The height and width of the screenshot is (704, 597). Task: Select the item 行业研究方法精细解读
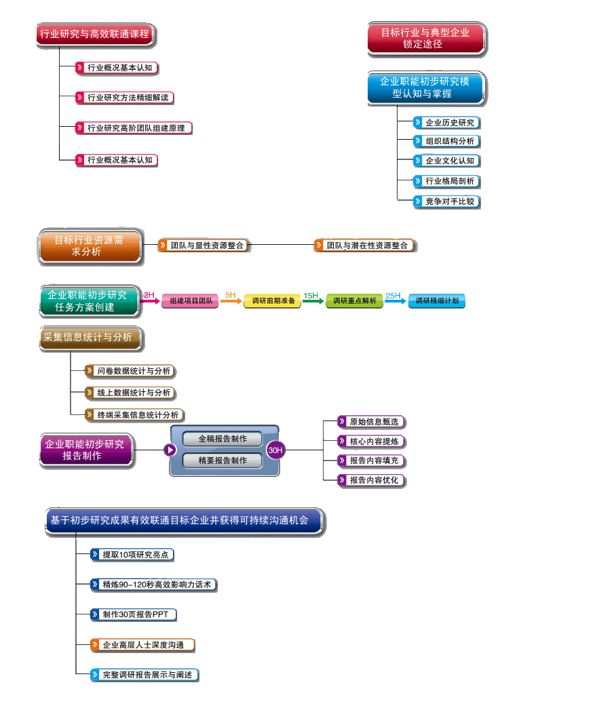[x=126, y=98]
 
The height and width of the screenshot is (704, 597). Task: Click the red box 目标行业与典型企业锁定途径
[x=426, y=39]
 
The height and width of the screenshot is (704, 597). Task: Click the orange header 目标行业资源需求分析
[x=90, y=246]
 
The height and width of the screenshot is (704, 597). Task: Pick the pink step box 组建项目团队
[x=190, y=300]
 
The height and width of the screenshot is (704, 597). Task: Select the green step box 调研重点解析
[x=354, y=300]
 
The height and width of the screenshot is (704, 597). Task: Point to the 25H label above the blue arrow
[x=393, y=296]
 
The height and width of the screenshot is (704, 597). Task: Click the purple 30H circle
[x=275, y=450]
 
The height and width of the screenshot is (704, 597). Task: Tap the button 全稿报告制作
[x=223, y=439]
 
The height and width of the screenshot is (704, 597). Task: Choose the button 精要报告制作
[x=223, y=461]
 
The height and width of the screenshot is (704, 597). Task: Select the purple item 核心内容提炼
[x=373, y=442]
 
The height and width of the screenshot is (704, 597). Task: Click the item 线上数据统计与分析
[x=132, y=393]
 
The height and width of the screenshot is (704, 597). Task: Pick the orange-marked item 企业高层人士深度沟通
[x=143, y=644]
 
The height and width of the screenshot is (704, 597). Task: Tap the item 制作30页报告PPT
[x=134, y=614]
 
